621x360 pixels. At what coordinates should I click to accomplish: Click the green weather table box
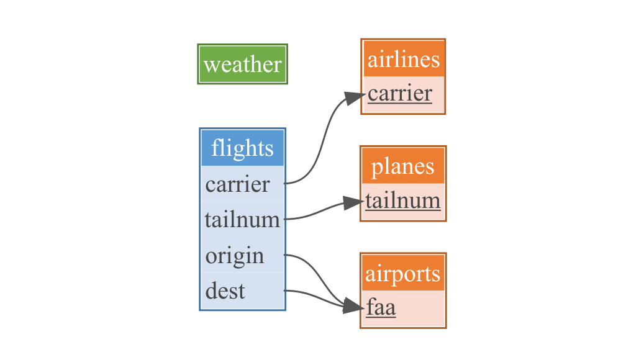[242, 64]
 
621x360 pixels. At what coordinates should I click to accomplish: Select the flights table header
[242, 148]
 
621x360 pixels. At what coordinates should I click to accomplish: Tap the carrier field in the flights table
[238, 184]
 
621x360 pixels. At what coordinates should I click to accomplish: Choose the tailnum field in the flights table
[242, 220]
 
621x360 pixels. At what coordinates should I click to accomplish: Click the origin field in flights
[235, 256]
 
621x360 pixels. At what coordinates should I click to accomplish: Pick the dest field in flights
[225, 290]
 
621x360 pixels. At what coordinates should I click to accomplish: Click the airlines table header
[403, 59]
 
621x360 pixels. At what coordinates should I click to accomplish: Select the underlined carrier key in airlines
[400, 94]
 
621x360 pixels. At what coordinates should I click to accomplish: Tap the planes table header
[403, 166]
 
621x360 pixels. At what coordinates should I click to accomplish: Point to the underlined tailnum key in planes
[403, 200]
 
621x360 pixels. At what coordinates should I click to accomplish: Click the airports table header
[403, 273]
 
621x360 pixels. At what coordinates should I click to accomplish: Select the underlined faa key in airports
[381, 307]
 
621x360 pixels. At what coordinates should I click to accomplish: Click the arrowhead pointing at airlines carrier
[355, 96]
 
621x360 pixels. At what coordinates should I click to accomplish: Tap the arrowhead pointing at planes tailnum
[355, 203]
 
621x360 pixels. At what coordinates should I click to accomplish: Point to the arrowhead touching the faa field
[353, 306]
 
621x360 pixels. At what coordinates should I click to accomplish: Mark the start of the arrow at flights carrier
[285, 183]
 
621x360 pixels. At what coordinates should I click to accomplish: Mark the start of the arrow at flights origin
[285, 254]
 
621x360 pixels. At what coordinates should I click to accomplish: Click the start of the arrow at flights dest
[285, 290]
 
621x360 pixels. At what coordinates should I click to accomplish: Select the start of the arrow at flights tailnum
[285, 219]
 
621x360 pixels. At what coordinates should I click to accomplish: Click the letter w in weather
[211, 65]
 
